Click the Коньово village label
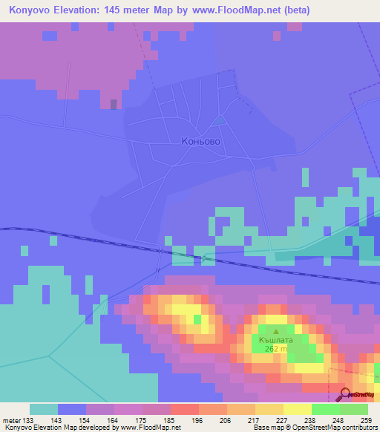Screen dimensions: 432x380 [200, 140]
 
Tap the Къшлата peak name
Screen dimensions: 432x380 [276, 343]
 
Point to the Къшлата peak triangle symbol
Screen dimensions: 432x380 [276, 332]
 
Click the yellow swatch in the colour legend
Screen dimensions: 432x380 [297, 408]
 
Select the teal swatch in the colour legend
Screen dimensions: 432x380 [44, 408]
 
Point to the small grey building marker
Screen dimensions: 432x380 [113, 104]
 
